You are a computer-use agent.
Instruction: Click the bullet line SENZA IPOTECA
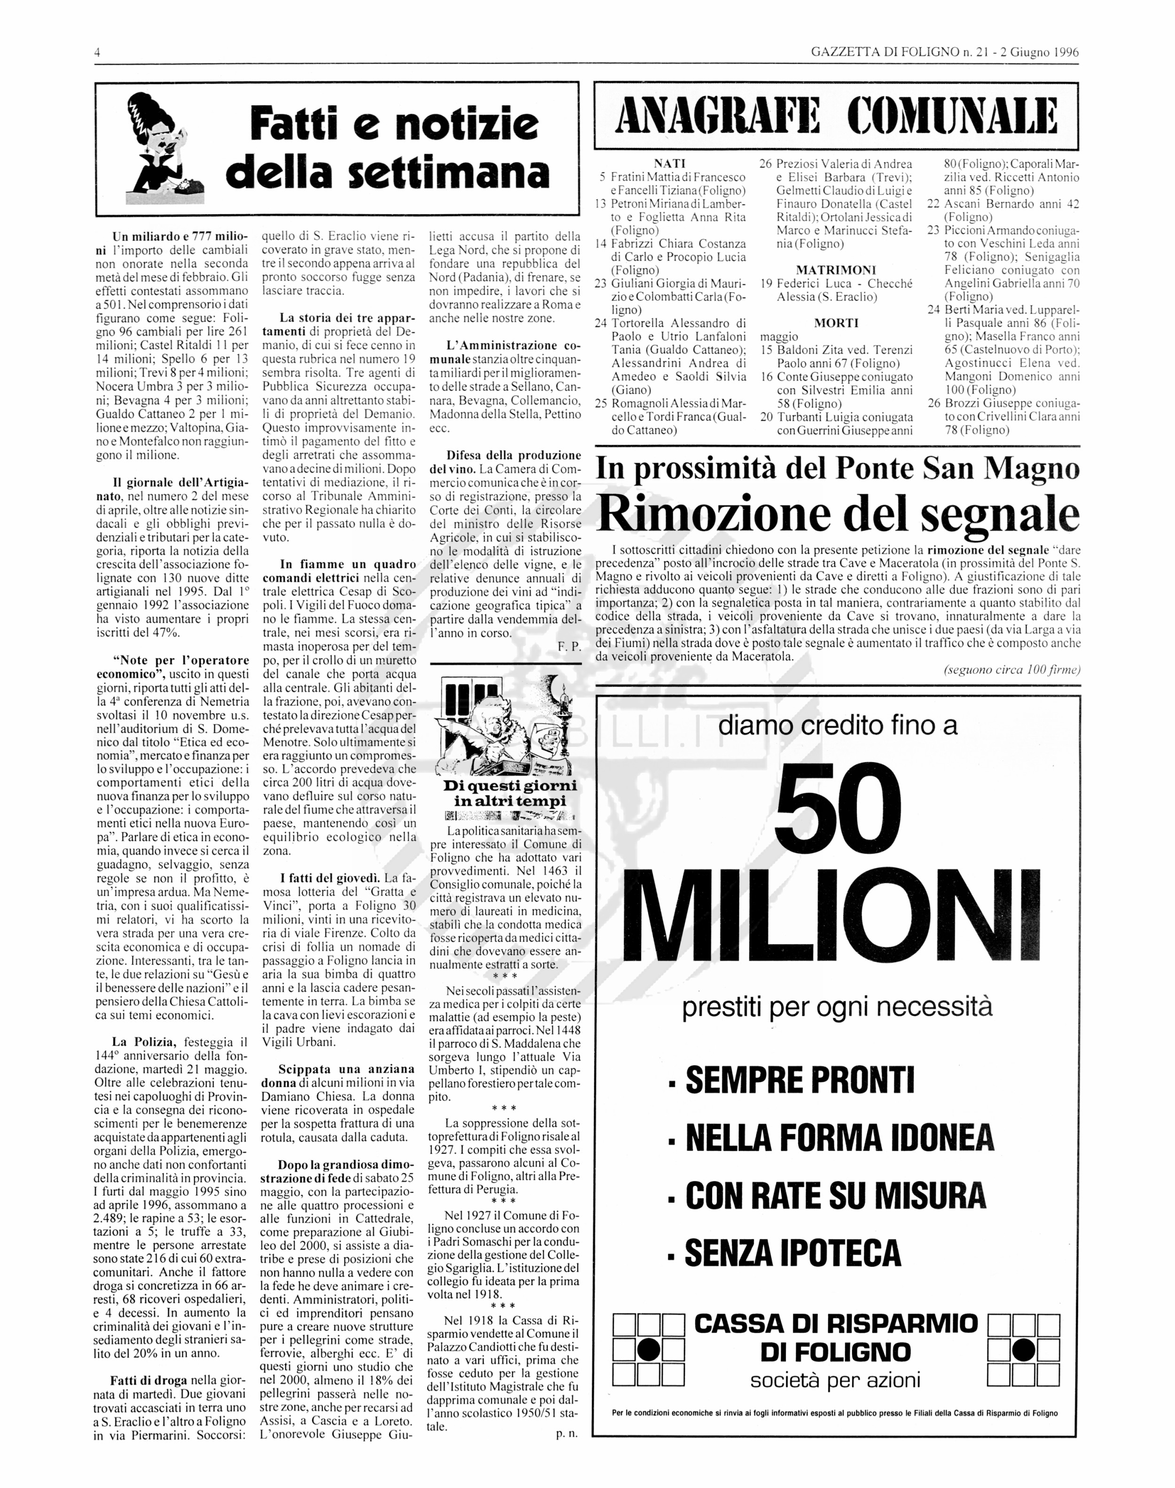(x=792, y=1252)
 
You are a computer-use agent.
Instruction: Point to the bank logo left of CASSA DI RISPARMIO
(x=648, y=1350)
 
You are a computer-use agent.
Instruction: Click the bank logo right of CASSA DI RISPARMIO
(x=1023, y=1350)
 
